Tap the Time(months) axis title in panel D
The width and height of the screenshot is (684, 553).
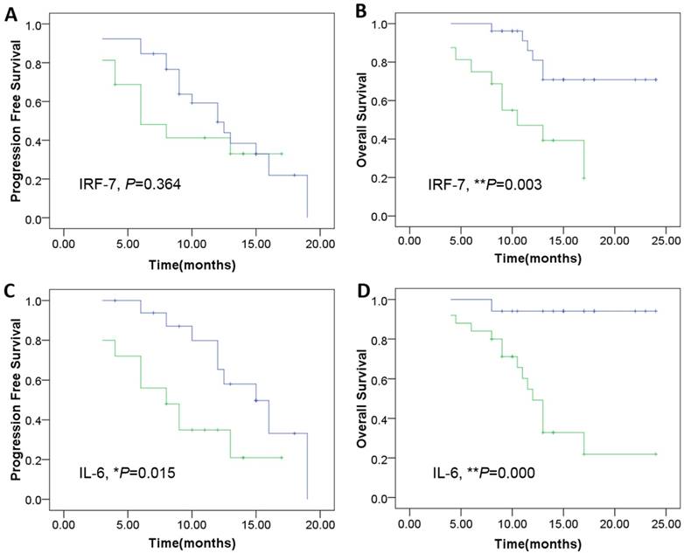(x=539, y=544)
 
